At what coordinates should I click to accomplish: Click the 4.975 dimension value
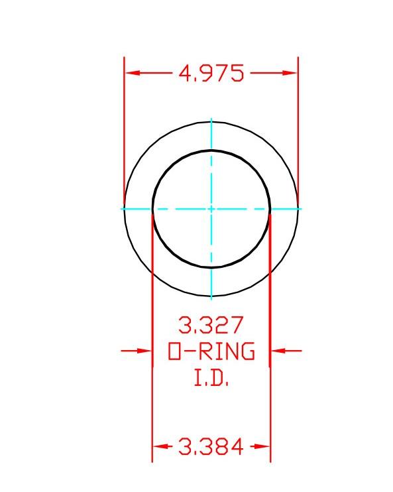(x=211, y=73)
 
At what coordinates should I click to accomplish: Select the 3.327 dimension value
(x=211, y=326)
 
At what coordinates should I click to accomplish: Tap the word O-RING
(x=211, y=351)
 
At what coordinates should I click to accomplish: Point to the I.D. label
(x=211, y=379)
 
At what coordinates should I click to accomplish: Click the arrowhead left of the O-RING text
(x=146, y=351)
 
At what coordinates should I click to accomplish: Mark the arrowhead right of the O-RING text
(x=277, y=351)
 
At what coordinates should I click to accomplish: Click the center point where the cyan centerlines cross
(x=211, y=209)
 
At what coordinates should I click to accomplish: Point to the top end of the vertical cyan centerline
(x=211, y=119)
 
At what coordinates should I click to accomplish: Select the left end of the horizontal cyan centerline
(x=121, y=209)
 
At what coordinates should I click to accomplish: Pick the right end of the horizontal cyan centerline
(x=301, y=209)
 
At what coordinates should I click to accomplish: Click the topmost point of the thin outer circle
(x=211, y=122)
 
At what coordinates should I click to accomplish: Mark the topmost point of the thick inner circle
(x=211, y=151)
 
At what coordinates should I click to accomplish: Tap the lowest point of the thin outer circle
(x=211, y=296)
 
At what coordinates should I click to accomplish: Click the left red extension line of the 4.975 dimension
(x=125, y=133)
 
